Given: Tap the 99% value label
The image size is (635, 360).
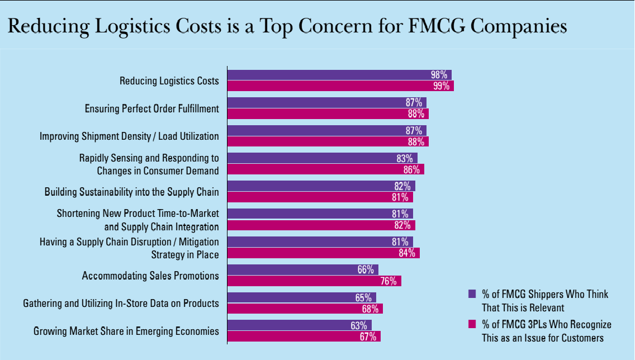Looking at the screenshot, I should [442, 86].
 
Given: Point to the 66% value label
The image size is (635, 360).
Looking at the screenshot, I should [366, 269].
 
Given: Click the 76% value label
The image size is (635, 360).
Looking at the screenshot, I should [389, 281].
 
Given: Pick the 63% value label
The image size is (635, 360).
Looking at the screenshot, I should [359, 325].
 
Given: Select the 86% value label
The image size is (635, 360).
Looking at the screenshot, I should [412, 169].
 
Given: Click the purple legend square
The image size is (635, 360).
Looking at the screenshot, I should [471, 293].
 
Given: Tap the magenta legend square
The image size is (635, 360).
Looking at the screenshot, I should [471, 324].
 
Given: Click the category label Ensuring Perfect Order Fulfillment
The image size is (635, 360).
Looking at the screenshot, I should [151, 108].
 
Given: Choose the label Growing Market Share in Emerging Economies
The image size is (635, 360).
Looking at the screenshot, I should [126, 331].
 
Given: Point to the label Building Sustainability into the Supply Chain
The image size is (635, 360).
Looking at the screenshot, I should [132, 192].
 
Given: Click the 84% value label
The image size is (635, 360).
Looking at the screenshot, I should [407, 253].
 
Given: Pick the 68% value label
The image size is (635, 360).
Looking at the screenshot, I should [371, 309].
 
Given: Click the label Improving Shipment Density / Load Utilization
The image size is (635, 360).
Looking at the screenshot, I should [129, 136].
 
